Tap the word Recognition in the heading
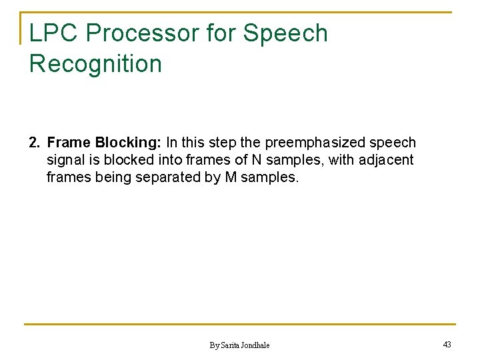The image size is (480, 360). (x=95, y=64)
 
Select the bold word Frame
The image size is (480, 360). (x=69, y=143)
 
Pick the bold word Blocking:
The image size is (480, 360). (x=129, y=143)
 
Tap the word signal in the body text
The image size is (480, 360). (x=64, y=160)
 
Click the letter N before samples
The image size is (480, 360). (x=256, y=160)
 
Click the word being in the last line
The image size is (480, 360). (x=109, y=177)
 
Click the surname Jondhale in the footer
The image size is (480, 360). (x=256, y=345)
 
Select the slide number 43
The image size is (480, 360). (x=447, y=344)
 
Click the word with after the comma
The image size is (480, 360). (x=342, y=160)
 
